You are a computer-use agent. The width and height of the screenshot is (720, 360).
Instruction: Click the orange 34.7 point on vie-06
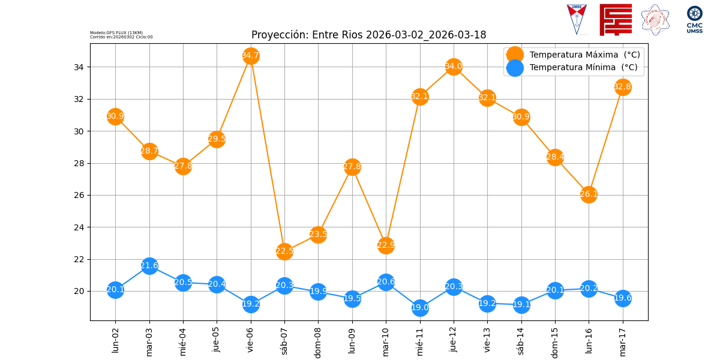coord(251,56)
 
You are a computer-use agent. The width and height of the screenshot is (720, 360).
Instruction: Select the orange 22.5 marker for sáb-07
coord(284,251)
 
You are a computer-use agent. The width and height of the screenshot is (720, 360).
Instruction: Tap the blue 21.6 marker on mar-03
coord(149,266)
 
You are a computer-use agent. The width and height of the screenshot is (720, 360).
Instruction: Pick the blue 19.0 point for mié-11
coord(420,308)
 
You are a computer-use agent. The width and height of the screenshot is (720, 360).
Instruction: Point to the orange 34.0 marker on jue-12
coord(454,67)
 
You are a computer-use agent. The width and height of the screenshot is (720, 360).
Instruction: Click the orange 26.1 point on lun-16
coord(589,194)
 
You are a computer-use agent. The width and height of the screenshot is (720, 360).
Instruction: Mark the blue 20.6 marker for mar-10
coord(386,282)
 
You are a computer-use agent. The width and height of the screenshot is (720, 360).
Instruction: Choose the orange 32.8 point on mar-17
coord(622,87)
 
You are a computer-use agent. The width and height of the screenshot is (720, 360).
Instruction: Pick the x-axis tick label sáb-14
coord(521,341)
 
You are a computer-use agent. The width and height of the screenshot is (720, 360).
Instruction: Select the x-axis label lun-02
coord(115,340)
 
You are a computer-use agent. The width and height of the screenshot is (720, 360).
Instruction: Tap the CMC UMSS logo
coord(695,19)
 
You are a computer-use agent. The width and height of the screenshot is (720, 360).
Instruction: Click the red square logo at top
coord(616,20)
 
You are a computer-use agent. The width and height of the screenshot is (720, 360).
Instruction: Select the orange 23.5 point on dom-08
coord(318,235)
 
